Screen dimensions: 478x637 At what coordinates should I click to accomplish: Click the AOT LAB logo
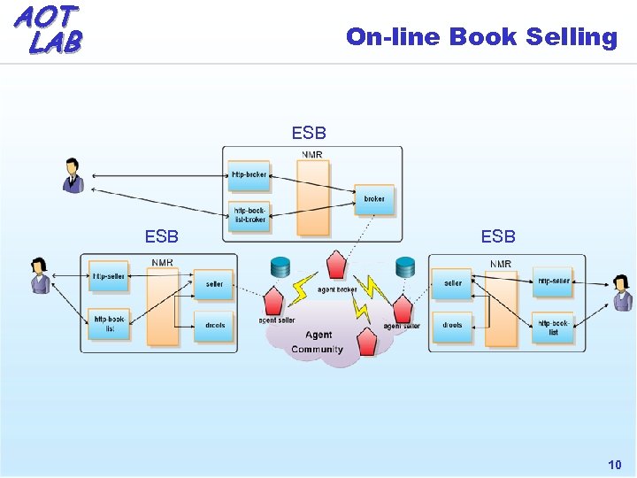click(x=48, y=28)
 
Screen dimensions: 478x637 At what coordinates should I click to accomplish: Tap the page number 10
click(x=614, y=465)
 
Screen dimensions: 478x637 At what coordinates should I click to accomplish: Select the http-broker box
click(x=249, y=174)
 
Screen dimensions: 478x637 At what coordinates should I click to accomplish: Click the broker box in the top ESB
click(x=374, y=199)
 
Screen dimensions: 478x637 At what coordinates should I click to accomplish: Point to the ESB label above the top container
click(x=309, y=134)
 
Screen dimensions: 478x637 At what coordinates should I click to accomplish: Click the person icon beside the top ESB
click(x=73, y=175)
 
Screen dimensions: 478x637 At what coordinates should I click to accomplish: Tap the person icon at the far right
click(x=622, y=293)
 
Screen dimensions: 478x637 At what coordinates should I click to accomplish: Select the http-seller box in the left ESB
click(x=109, y=276)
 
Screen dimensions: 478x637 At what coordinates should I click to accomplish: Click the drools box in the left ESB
click(x=214, y=325)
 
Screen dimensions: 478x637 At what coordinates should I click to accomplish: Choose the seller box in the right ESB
click(x=452, y=284)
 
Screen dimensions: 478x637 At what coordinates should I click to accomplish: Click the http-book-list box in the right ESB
click(x=553, y=328)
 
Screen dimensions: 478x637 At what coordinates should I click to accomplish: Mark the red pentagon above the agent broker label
click(x=336, y=265)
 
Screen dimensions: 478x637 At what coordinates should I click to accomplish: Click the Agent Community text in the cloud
click(x=318, y=342)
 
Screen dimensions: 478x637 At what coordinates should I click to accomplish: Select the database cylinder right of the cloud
click(x=405, y=267)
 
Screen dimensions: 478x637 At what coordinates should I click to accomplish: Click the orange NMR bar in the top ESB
click(x=312, y=197)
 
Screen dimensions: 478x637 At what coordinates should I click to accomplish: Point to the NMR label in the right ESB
click(x=500, y=264)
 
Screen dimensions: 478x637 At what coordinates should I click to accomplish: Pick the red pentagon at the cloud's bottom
click(x=366, y=340)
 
